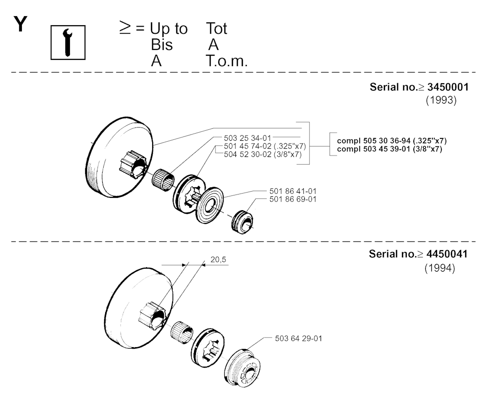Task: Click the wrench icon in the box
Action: [68, 42]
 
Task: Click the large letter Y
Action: [20, 24]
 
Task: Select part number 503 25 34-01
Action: [247, 138]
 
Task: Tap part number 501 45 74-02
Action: [247, 146]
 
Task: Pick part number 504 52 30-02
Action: [247, 155]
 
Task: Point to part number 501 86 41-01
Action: [293, 191]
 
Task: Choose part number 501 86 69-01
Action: [293, 199]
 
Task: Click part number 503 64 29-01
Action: [299, 338]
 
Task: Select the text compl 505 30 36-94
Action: [374, 141]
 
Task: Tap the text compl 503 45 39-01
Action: [374, 149]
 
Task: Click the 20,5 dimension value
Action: [218, 259]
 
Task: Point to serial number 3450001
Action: [448, 87]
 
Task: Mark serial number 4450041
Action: [447, 254]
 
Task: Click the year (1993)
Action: [441, 100]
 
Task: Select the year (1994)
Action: [440, 268]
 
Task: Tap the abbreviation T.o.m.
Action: [226, 61]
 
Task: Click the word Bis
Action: [162, 45]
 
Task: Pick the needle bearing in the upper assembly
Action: [163, 180]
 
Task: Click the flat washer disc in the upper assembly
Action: [210, 205]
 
